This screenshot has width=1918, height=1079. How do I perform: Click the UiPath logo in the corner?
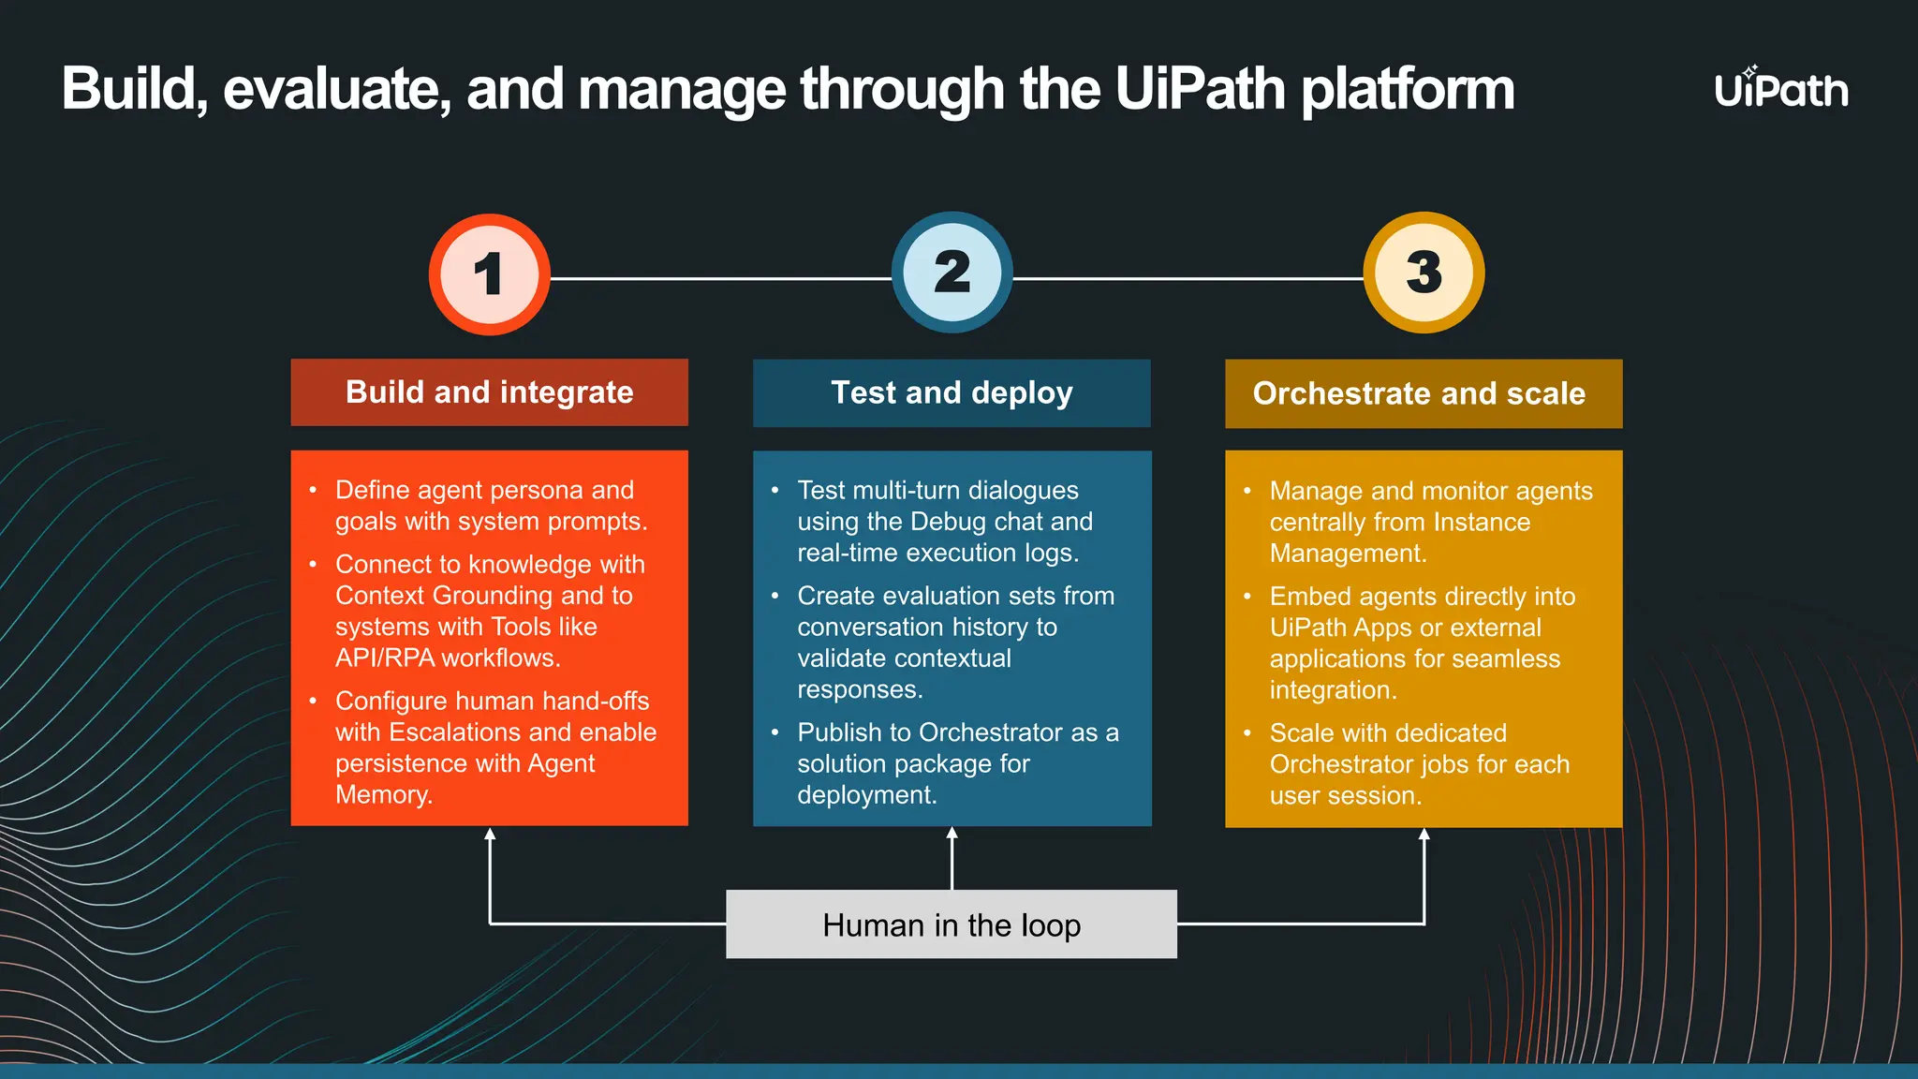pos(1781,89)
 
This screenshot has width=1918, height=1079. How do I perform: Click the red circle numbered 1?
pos(489,274)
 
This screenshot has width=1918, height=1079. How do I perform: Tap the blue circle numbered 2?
pos(952,273)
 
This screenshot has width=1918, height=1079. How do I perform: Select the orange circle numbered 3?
pos(1424,273)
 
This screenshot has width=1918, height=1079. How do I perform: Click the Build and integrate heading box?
pos(489,392)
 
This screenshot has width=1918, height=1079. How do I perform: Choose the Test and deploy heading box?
pos(952,393)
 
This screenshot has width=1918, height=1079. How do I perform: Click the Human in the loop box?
pos(952,924)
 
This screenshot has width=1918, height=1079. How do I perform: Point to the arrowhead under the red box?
pos(490,834)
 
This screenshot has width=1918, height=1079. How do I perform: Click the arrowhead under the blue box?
pos(952,834)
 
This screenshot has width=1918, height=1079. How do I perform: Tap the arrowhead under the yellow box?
pos(1424,835)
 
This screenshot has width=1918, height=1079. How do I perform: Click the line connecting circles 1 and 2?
pos(721,278)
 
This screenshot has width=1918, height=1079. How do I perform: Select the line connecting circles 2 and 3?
pos(1188,278)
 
